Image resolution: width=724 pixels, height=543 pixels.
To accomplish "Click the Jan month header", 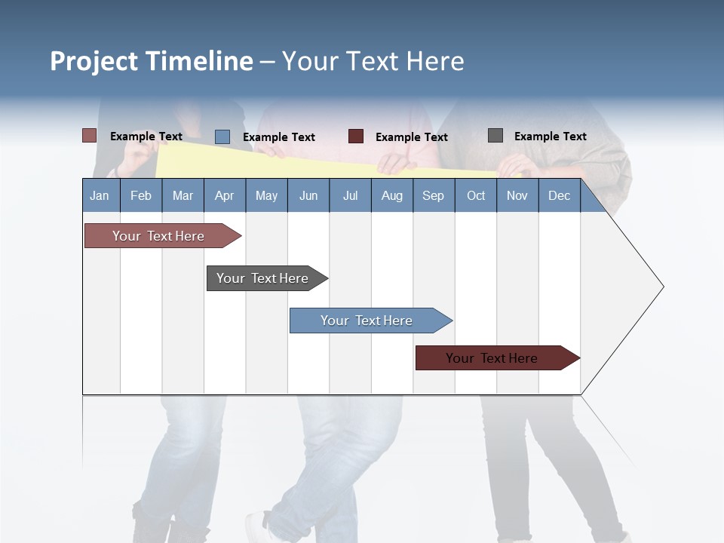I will point(100,195).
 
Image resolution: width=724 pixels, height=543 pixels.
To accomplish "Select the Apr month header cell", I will point(225,195).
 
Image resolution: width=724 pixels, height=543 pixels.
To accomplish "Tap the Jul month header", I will point(350,195).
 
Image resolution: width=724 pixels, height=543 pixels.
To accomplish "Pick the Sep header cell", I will point(434,195).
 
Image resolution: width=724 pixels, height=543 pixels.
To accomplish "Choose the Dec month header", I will point(559,195).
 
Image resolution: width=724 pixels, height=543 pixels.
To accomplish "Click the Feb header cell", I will point(141,195).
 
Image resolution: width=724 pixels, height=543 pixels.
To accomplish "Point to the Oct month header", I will point(476,195).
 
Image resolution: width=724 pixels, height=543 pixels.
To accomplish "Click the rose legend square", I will point(90,136).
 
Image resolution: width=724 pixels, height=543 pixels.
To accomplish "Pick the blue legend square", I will point(222,137).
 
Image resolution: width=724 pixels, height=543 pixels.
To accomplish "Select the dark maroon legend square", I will point(356,137).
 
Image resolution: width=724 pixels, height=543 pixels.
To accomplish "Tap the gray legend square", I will point(495,136).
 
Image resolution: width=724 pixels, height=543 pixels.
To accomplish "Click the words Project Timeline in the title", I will point(151,61).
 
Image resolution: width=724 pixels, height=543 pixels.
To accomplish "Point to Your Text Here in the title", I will point(373,61).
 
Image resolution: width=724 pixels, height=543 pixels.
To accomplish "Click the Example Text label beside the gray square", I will point(550,137).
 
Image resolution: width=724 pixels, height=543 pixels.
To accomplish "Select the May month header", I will point(266,195).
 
